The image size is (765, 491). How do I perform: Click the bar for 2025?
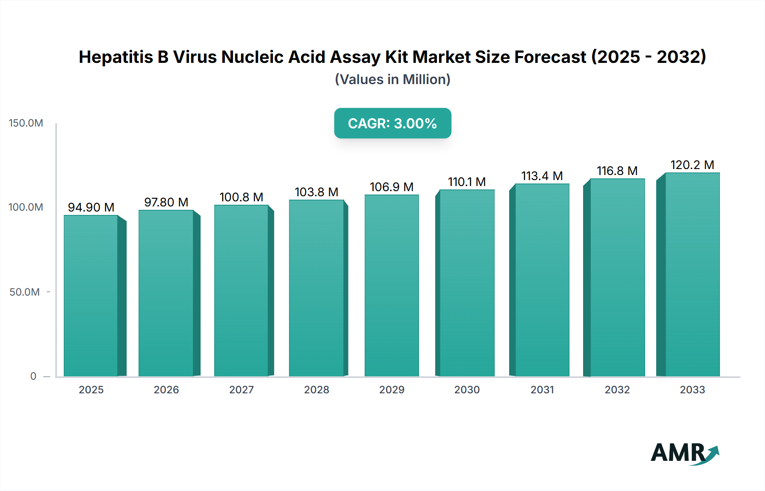click(x=91, y=296)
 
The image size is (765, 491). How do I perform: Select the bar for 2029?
click(x=391, y=285)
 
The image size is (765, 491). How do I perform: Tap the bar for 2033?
click(x=692, y=274)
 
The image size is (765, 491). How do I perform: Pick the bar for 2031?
click(x=542, y=280)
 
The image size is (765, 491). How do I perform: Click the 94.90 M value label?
click(x=91, y=207)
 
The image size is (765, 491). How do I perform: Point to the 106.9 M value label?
click(x=391, y=187)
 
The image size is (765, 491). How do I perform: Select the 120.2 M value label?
click(x=692, y=165)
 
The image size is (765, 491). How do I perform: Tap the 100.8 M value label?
click(x=241, y=197)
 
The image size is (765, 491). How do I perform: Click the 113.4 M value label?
click(x=542, y=176)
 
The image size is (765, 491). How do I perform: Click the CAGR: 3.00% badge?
click(x=392, y=123)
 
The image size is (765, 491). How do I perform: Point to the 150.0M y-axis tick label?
click(x=26, y=123)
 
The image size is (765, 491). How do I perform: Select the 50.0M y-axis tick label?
click(x=25, y=292)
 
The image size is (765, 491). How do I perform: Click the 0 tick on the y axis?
click(x=33, y=376)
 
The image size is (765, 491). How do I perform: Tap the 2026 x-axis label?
click(x=166, y=390)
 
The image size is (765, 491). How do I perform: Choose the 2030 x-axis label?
click(x=467, y=390)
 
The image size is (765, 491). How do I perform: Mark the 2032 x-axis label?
click(x=617, y=390)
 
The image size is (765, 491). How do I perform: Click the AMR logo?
click(x=684, y=453)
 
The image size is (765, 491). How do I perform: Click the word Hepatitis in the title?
click(x=116, y=57)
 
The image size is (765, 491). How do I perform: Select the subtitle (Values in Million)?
click(x=392, y=79)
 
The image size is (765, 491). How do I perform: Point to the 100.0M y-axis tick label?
click(x=26, y=207)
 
